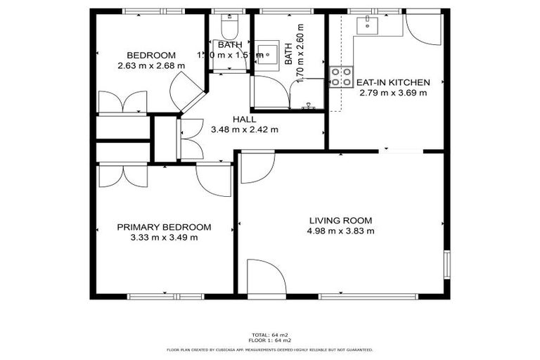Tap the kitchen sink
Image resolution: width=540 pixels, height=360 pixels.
point(368,26)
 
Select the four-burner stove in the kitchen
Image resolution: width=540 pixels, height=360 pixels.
point(341,77)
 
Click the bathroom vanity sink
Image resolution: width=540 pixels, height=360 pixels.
point(265,53)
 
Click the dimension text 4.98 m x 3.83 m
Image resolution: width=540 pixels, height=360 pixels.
point(340,231)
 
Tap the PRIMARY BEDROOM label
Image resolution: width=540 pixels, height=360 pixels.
point(164,227)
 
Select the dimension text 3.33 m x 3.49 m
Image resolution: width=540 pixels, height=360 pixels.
point(164,238)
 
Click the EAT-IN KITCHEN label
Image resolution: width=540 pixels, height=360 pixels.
point(393,82)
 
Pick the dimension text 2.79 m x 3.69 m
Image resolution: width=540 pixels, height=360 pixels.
point(393,92)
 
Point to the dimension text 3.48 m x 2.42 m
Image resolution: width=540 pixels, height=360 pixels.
point(245,129)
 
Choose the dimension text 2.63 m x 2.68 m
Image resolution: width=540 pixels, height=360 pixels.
point(151,66)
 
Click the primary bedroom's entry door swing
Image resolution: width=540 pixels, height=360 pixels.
point(214,179)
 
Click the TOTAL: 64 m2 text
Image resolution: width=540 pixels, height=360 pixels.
point(270,334)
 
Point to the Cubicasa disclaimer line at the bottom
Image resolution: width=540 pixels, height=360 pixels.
point(270,349)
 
